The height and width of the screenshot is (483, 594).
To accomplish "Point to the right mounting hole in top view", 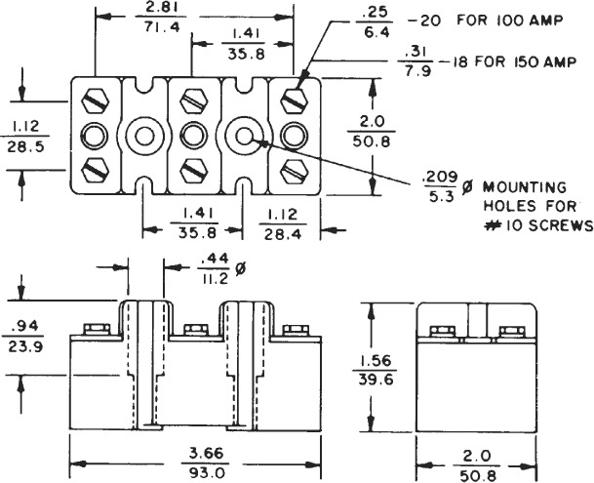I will pos(244,135).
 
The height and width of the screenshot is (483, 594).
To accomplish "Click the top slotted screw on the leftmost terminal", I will pos(95,100).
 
